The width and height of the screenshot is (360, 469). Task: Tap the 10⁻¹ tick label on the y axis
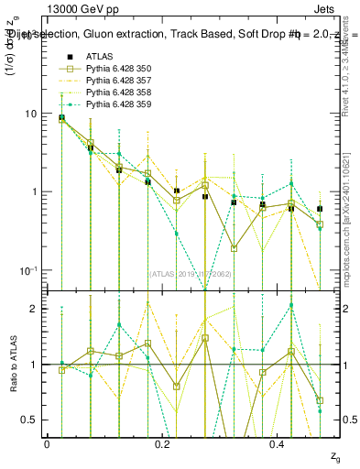tap(27, 270)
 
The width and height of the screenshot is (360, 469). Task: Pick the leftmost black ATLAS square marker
tap(61, 118)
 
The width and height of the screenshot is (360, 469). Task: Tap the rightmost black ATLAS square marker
tap(320, 209)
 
